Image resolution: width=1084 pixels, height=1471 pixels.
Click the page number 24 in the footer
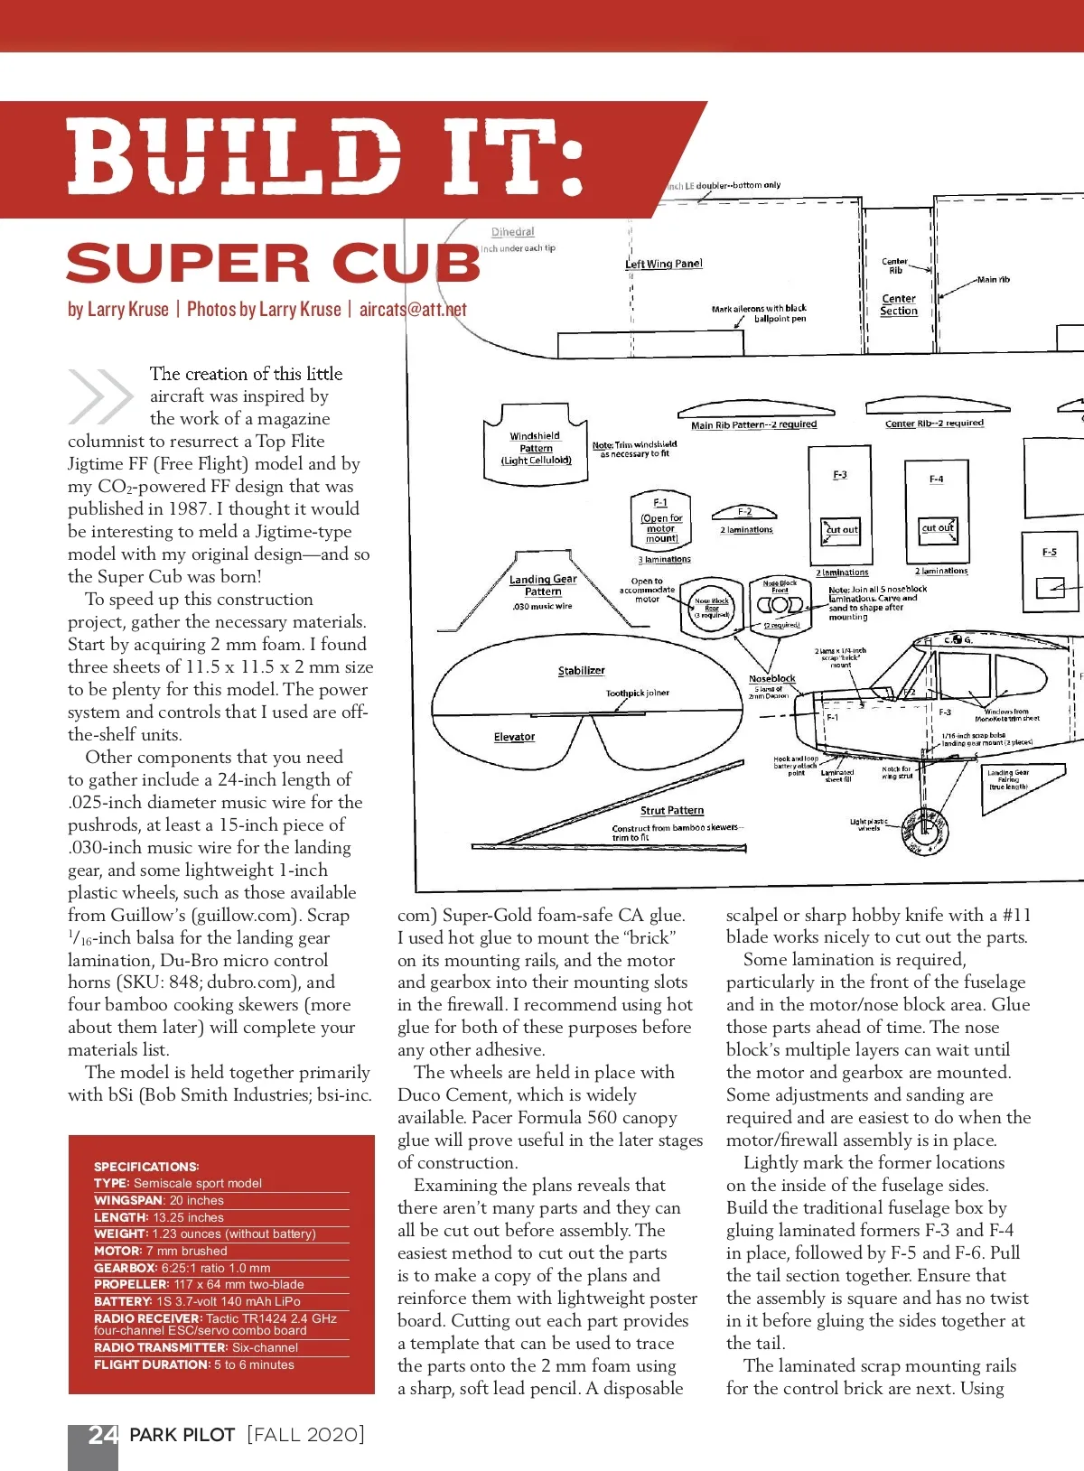coord(102,1435)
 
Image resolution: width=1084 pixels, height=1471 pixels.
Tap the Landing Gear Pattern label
coord(543,585)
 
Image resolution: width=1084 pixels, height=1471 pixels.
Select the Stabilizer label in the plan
coord(581,671)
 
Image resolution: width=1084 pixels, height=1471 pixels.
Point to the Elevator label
coord(514,737)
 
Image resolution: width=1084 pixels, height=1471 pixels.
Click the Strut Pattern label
coord(672,811)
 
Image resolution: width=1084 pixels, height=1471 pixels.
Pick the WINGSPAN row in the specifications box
coord(159,1200)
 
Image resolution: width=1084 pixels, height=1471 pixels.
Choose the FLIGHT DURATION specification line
coord(193,1364)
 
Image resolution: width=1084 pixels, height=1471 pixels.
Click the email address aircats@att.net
coord(413,310)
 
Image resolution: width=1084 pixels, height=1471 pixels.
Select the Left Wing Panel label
coord(664,264)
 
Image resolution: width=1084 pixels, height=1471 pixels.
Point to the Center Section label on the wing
coord(899,304)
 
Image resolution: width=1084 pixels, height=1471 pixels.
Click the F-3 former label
coord(840,475)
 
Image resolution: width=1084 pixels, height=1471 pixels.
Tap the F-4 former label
coord(937,479)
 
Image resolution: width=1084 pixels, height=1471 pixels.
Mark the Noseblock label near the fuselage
coord(772,678)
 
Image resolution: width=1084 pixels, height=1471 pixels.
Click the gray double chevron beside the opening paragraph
coord(99,396)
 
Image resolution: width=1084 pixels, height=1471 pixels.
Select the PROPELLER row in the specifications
coord(199,1284)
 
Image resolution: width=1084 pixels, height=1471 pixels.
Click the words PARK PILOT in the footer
coord(182,1435)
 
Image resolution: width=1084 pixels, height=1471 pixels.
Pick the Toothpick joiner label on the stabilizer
coord(637,694)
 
